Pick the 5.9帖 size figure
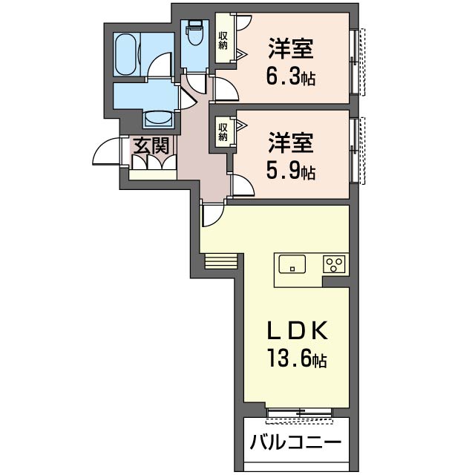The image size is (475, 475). pos(291,171)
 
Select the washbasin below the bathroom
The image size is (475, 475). pos(157,118)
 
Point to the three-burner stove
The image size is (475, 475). pos(334,263)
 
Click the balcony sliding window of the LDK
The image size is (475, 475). pos(298,411)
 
